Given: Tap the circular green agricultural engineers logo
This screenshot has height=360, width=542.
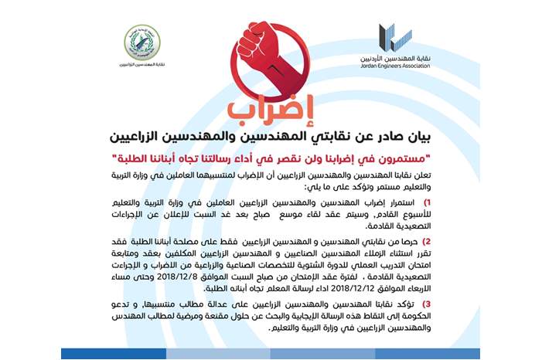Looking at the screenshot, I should point(142,41).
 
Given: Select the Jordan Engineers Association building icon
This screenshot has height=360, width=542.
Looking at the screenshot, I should point(389,35).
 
